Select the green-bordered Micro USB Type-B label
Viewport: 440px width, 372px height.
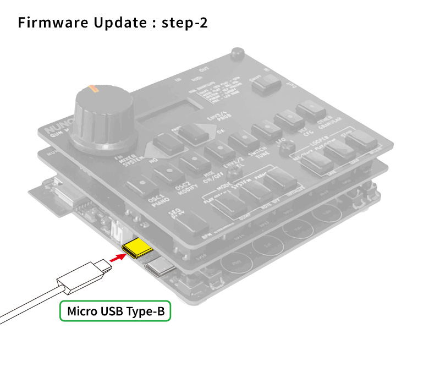[116, 311]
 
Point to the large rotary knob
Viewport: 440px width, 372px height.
[102, 115]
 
